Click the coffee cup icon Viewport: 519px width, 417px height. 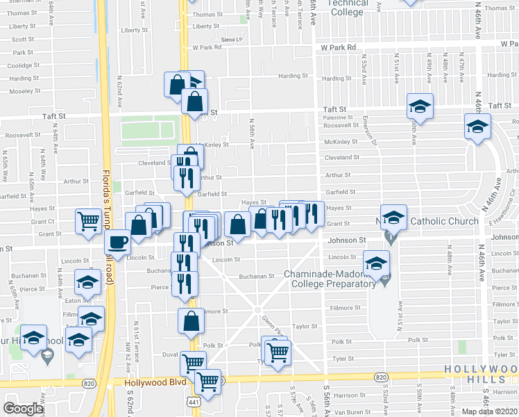pos(117,243)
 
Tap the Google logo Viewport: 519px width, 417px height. pos(23,409)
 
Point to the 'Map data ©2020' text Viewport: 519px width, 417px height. pos(489,411)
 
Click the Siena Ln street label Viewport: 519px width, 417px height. pos(232,40)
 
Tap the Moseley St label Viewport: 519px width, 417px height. pos(25,91)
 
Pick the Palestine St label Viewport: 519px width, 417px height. pos(338,118)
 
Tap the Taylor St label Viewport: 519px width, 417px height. pos(304,325)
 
